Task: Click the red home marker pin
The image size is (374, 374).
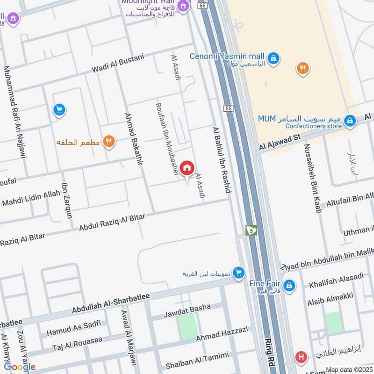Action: coord(187,168)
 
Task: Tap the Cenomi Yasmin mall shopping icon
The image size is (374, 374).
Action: coord(275,59)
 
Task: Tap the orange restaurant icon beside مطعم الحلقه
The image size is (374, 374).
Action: coord(109,141)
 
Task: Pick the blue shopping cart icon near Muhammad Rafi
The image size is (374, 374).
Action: coord(59,110)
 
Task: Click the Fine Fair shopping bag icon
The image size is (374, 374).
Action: coord(289,285)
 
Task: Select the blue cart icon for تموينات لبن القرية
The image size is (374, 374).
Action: coord(238,272)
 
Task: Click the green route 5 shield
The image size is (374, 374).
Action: coord(251,230)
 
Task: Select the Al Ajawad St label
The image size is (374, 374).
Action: coord(279,143)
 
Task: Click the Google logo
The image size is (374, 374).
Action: coord(20,367)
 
